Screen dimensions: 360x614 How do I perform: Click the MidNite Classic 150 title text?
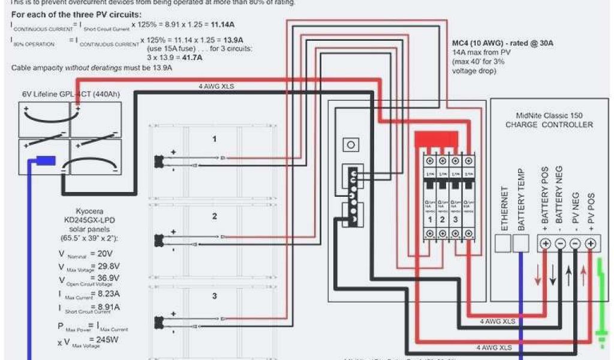point(549,115)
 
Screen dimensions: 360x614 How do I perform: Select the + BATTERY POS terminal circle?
point(545,244)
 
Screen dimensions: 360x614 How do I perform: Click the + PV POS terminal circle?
point(590,244)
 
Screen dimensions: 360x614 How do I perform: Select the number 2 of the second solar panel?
point(214,216)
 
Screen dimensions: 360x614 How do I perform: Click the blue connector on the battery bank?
point(46,160)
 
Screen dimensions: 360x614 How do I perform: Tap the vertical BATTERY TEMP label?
point(522,199)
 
